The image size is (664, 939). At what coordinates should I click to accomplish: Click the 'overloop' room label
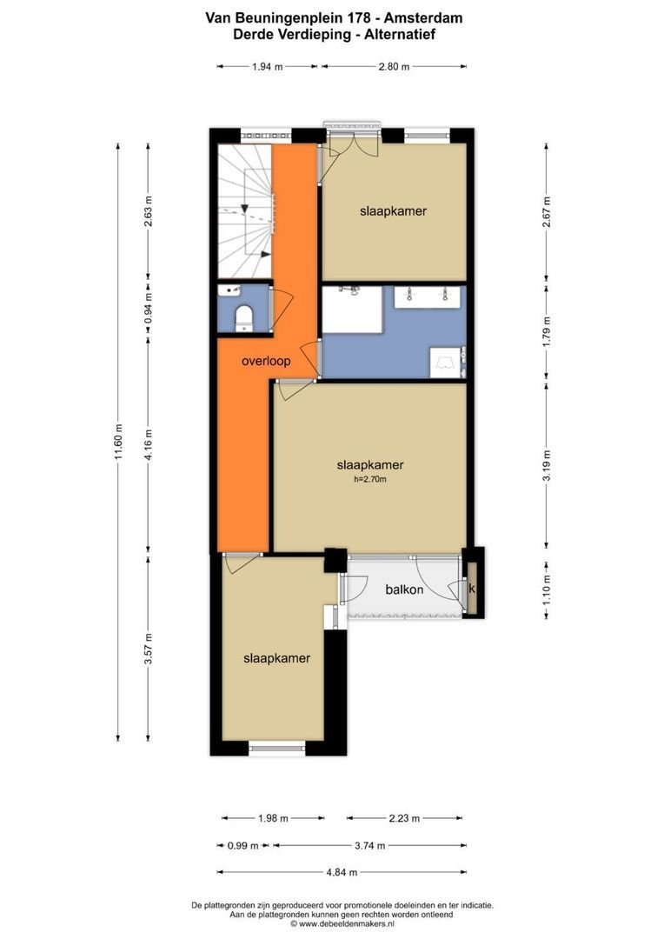point(266,361)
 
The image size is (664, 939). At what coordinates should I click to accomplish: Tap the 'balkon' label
point(404,589)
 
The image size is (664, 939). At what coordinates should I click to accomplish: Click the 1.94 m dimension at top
point(267,66)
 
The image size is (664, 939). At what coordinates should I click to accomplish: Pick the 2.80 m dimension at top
point(394,66)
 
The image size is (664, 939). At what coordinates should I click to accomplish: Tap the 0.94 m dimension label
point(148,308)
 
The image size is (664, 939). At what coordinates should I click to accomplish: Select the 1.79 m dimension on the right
point(546,335)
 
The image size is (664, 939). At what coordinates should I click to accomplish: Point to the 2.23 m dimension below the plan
point(404,818)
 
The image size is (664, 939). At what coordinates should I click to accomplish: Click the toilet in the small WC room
point(243,316)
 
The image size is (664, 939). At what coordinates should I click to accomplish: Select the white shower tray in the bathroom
point(353,310)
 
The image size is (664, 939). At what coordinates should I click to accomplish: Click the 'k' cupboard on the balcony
point(473,589)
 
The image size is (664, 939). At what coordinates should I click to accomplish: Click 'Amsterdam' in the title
point(424,17)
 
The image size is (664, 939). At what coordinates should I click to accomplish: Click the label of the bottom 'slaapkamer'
point(276,658)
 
